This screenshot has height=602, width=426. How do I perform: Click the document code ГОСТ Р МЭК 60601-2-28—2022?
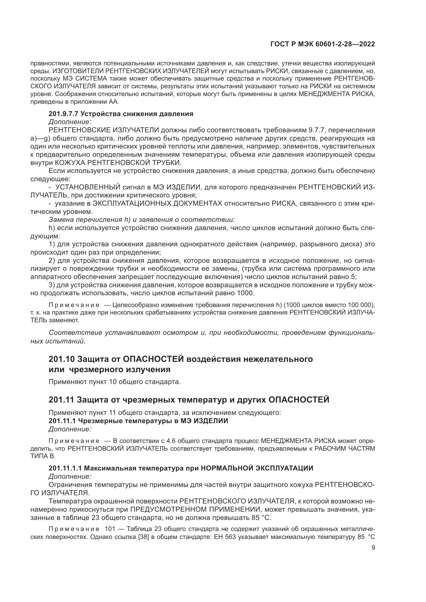[x=322, y=44]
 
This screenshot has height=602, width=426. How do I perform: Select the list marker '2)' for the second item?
[x=52, y=260]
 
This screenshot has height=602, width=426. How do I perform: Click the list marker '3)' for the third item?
[x=52, y=285]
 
